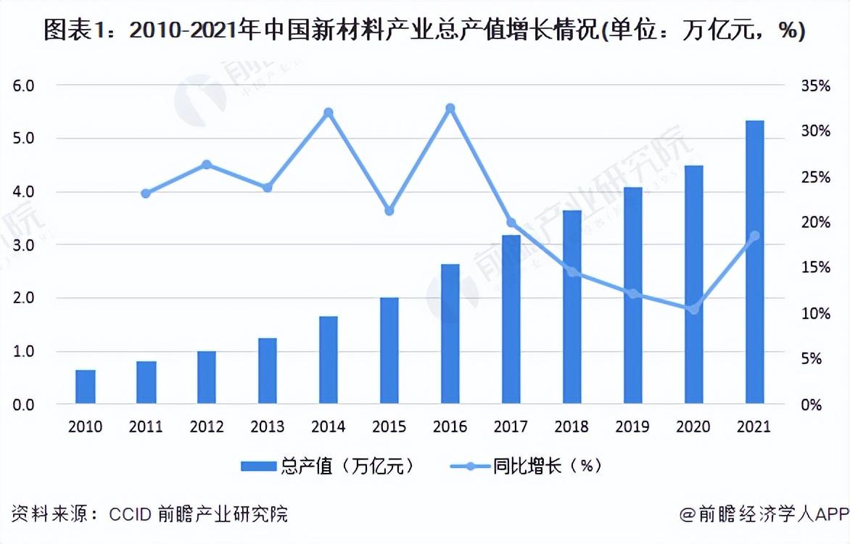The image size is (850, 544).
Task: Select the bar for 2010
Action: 86,387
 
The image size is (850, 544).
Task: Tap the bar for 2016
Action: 450,334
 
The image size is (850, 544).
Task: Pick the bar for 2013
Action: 268,371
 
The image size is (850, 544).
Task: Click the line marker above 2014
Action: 328,112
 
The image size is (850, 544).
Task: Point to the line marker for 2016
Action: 450,108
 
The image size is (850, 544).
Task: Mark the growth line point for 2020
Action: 693,310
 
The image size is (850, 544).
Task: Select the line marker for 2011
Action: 146,194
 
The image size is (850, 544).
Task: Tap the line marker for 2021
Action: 754,236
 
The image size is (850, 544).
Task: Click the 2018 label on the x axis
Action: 572,426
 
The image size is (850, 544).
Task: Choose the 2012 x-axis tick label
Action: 207,426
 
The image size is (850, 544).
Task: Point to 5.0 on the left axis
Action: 24,139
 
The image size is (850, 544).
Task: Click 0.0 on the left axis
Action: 24,405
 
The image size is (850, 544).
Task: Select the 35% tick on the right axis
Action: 815,86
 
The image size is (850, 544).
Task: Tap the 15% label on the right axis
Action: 815,268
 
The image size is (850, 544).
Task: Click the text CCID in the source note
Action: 130,514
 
